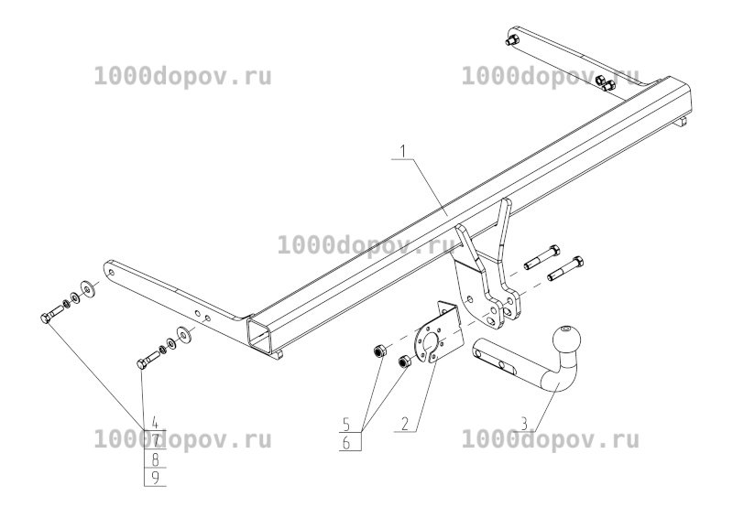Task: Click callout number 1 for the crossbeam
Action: [404, 152]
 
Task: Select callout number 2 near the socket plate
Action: [405, 424]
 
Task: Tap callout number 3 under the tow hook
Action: [524, 424]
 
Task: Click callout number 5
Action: [346, 424]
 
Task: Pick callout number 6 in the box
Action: [346, 442]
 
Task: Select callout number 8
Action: [156, 459]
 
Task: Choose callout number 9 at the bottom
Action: [156, 478]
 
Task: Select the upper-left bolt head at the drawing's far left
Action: [45, 319]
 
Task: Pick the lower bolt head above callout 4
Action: [142, 363]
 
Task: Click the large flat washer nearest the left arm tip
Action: [87, 289]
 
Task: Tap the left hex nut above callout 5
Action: [378, 351]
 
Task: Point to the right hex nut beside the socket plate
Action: [404, 362]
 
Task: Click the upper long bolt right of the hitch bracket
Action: [542, 257]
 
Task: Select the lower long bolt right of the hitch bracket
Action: [565, 269]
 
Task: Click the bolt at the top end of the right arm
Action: [512, 39]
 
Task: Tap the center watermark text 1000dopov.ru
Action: [366, 244]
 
